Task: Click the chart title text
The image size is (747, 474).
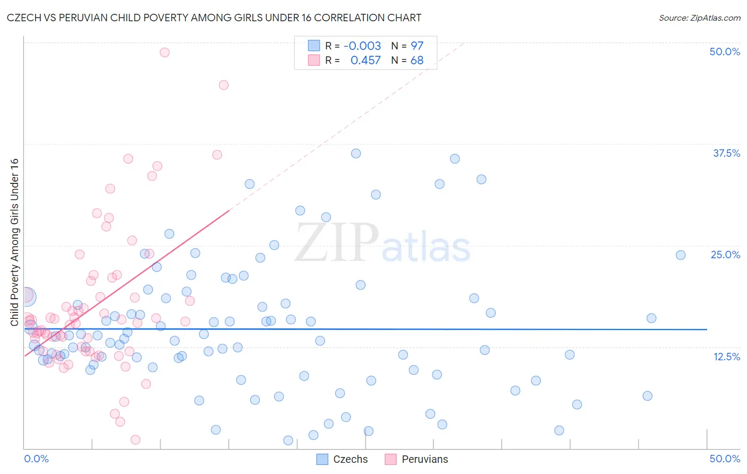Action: pos(214,18)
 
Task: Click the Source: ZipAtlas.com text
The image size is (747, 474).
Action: pos(699,18)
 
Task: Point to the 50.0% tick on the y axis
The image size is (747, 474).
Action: pos(725,52)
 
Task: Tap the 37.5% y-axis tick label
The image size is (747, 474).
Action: pos(726,153)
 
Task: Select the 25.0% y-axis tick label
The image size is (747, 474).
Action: pos(725,255)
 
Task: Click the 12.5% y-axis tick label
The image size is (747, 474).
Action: pos(726,357)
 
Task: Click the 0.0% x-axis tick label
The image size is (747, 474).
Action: pos(36,459)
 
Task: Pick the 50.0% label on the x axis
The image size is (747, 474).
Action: pos(725,459)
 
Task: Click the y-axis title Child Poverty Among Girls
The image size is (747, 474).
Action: pos(14,242)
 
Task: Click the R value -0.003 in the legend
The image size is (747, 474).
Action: pos(362,46)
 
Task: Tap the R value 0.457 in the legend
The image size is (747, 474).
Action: pos(366,60)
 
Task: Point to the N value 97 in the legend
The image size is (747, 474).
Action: pos(417,46)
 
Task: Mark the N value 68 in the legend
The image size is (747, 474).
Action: pos(417,60)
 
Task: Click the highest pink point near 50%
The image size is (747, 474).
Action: pos(165,52)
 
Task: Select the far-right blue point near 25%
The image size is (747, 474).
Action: pos(681,255)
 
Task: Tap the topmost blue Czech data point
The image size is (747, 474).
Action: pos(356,153)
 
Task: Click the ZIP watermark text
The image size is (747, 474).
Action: pos(337,243)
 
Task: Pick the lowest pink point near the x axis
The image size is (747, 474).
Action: pos(135,439)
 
